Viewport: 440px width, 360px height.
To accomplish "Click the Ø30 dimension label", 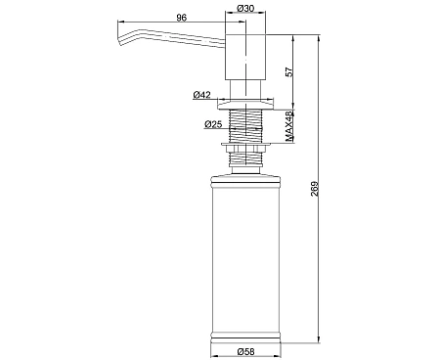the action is coord(245,8).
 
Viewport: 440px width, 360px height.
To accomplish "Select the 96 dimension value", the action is coord(182,18).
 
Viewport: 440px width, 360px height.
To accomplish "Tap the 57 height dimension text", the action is coord(289,71).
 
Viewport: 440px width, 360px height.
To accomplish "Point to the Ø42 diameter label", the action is coord(201,95).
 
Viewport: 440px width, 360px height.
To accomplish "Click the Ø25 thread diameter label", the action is coord(213,124).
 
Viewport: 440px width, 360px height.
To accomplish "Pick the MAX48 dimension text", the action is coord(289,126).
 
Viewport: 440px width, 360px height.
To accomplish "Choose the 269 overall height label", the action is coord(314,189).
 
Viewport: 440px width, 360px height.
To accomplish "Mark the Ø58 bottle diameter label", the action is coord(245,352).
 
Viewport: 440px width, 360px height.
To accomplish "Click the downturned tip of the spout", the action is coord(120,39).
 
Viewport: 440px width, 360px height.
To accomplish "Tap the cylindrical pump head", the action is coord(245,57).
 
